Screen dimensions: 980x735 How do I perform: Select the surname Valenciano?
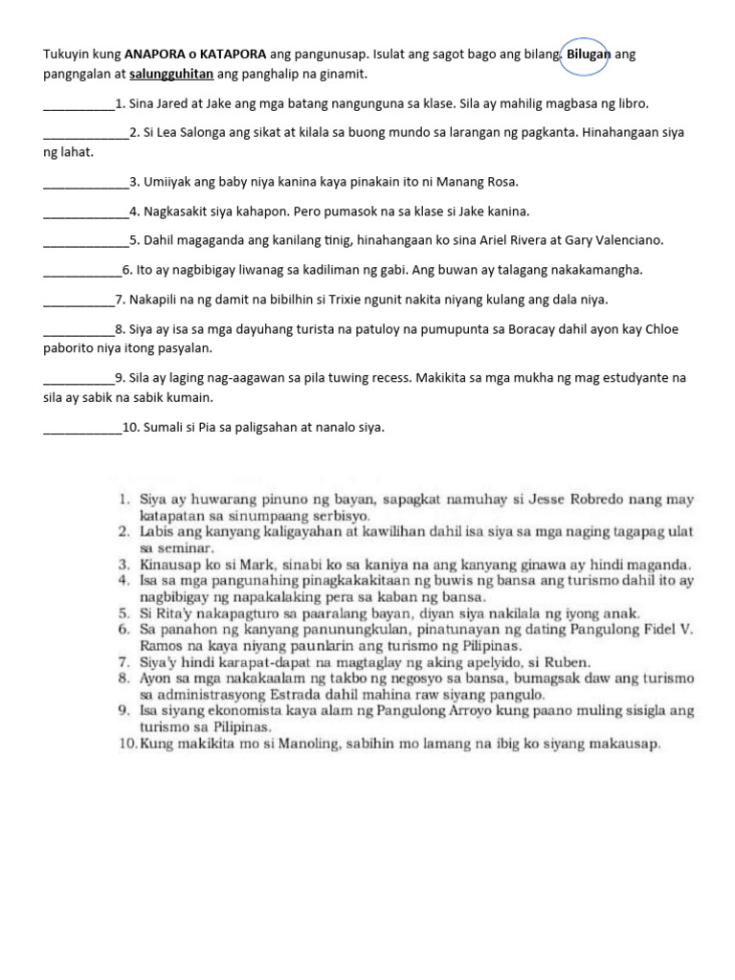627,240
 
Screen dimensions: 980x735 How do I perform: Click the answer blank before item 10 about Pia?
82,427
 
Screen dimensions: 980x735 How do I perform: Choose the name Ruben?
571,662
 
